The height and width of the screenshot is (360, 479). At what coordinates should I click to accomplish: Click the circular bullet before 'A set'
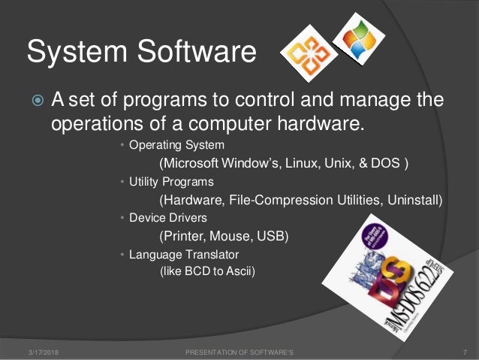(x=35, y=101)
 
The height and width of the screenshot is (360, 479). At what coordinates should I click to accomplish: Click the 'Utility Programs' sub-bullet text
(x=172, y=182)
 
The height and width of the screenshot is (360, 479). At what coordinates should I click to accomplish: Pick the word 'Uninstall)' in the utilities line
(x=414, y=201)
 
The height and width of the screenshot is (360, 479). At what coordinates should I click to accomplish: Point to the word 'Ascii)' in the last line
(x=240, y=272)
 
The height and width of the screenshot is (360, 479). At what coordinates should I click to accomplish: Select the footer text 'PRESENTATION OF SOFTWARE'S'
(x=239, y=352)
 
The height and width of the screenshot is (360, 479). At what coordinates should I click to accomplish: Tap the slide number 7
(x=466, y=352)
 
